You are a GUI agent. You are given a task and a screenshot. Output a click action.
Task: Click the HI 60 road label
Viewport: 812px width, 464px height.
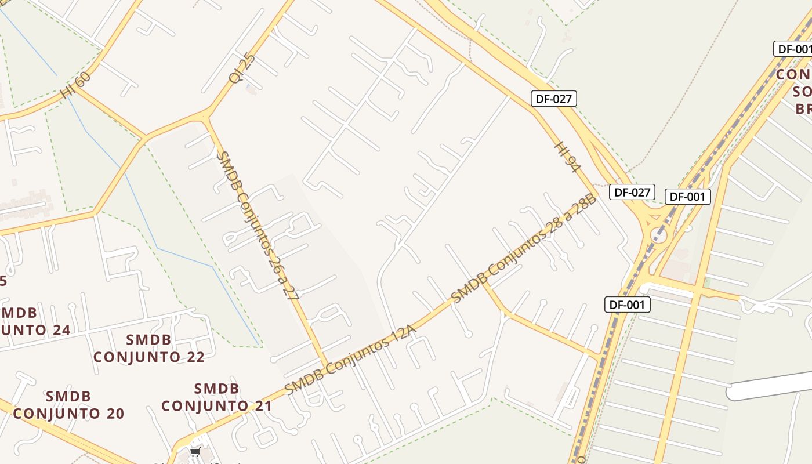coord(75,85)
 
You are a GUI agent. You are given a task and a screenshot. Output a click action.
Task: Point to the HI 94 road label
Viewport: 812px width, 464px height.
coord(568,156)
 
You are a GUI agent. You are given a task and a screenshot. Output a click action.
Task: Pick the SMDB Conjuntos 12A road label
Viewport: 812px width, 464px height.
coord(351,360)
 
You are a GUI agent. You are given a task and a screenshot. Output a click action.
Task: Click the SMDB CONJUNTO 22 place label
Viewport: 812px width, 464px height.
coord(149,348)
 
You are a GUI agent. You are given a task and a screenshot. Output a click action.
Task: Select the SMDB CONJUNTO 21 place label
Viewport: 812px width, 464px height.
coord(216,397)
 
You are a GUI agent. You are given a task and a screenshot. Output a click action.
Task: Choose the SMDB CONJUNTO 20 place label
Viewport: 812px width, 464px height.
coord(68,405)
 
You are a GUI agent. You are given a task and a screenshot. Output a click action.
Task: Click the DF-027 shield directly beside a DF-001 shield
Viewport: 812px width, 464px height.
coord(632,192)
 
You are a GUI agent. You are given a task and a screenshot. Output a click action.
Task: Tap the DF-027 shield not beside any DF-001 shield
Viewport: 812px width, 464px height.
coord(553,99)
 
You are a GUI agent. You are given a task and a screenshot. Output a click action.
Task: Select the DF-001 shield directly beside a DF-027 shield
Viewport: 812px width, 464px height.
coord(687,197)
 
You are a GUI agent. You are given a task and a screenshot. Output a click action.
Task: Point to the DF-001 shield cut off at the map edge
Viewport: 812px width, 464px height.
coord(793,49)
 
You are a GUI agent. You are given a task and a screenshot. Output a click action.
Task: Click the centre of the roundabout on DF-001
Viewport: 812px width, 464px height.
coord(658,234)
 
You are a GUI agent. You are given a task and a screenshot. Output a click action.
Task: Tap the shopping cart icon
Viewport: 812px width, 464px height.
coord(195,452)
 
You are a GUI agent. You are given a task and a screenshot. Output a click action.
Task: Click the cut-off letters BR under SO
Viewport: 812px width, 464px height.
coord(803,108)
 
